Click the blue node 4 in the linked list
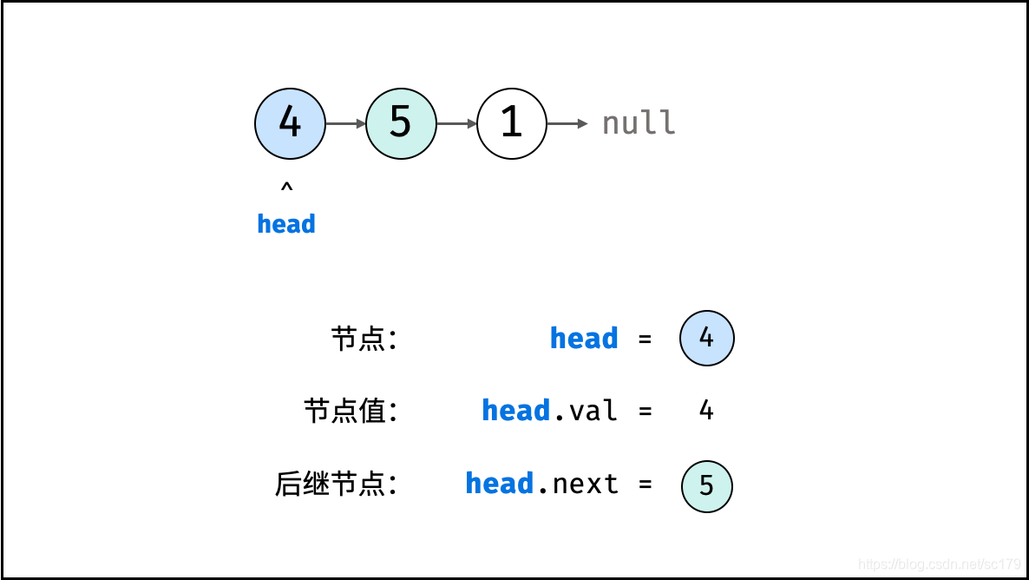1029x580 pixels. click(x=290, y=123)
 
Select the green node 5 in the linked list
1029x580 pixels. click(x=401, y=123)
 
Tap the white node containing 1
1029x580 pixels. click(x=512, y=123)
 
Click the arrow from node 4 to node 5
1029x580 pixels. click(x=345, y=123)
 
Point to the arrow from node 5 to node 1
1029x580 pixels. click(x=456, y=123)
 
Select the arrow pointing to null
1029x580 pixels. click(x=567, y=123)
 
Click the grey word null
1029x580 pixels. click(x=639, y=123)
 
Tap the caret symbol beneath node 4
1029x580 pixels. click(x=286, y=187)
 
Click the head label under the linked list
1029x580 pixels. click(x=286, y=224)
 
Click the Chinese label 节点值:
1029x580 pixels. click(x=351, y=411)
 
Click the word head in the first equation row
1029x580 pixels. click(x=584, y=339)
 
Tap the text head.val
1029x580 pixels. click(x=550, y=411)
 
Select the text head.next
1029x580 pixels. click(x=542, y=484)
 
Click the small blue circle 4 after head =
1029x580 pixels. click(x=707, y=338)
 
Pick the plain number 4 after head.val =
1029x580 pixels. click(x=706, y=411)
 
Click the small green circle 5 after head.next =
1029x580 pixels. click(x=707, y=485)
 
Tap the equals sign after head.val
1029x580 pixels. click(x=645, y=412)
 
